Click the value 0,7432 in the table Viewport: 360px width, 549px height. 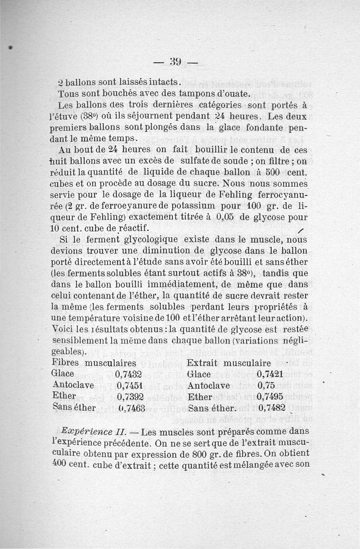[x=129, y=374]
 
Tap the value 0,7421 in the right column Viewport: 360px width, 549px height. [x=270, y=374]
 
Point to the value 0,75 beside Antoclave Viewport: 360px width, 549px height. [x=266, y=385]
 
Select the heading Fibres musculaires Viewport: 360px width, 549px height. [x=94, y=363]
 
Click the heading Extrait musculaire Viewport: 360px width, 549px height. [x=229, y=363]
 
